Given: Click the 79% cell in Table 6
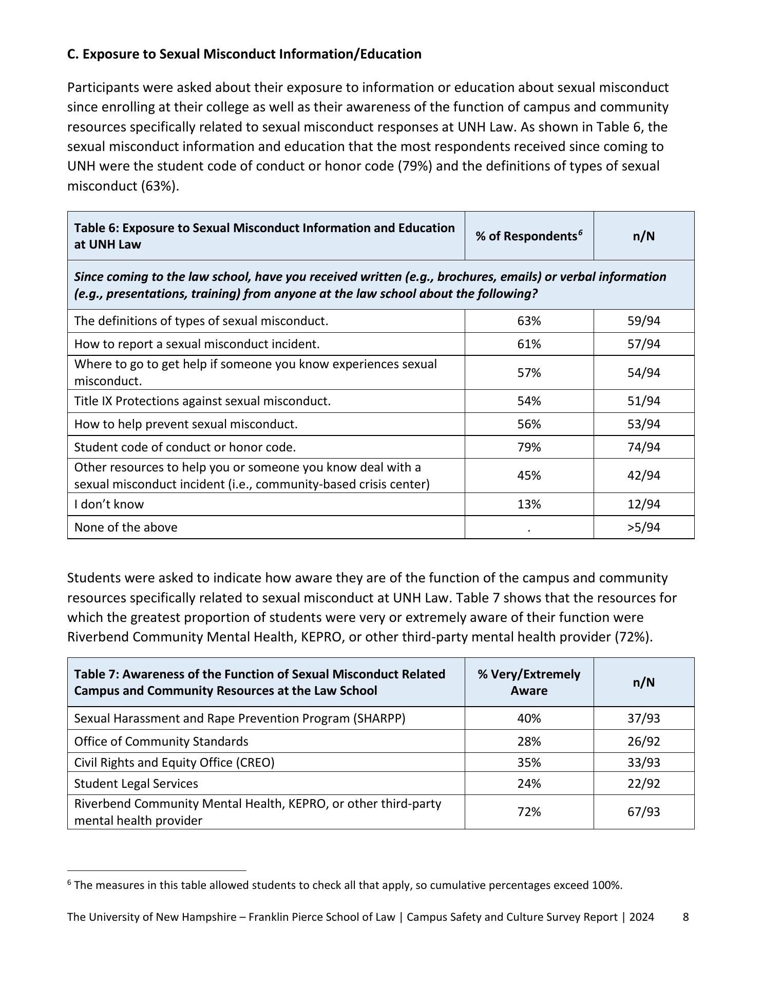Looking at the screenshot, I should [529, 447].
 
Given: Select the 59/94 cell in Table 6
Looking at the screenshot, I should [643, 321].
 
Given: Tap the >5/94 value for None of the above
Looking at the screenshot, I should [643, 527].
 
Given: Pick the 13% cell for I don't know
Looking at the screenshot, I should [529, 504].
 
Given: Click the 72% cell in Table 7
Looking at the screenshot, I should [529, 812].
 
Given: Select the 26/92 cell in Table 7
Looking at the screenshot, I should [643, 742].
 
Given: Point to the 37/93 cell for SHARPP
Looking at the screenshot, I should [643, 718].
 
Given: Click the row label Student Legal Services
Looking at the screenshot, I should [136, 784].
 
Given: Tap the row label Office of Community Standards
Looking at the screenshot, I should [161, 742].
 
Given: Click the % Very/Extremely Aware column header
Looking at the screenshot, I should [529, 682].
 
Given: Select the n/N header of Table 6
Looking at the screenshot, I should [643, 236].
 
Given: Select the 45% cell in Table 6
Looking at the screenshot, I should [529, 476].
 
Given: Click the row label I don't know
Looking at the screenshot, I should [109, 504].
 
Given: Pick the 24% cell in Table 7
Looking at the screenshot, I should [529, 784].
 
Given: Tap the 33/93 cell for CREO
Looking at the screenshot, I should [643, 763].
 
